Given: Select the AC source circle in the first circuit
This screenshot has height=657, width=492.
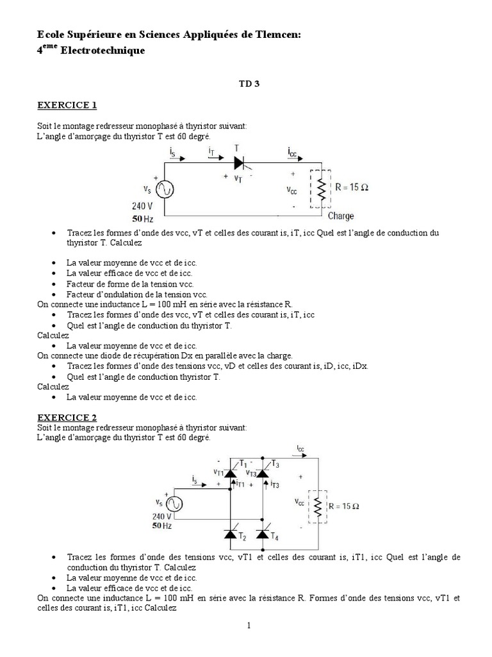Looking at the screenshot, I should point(165,189).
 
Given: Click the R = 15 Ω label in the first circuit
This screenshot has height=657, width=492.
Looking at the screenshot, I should point(352,189).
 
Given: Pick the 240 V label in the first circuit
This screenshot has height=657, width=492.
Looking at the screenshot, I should point(142,207).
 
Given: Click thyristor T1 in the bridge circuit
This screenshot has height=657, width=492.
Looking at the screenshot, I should point(231,473).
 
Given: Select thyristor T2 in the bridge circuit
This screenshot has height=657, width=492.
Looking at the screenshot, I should point(231,534).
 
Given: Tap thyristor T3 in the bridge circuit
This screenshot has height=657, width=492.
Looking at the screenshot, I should point(263,473).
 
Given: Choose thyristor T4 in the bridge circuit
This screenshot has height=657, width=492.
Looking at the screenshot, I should point(263,534).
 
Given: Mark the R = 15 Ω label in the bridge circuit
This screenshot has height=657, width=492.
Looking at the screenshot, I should point(344,506).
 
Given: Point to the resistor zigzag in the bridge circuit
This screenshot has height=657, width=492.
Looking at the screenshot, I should point(317,507).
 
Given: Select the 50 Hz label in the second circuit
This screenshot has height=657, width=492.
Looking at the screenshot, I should point(162,525).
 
